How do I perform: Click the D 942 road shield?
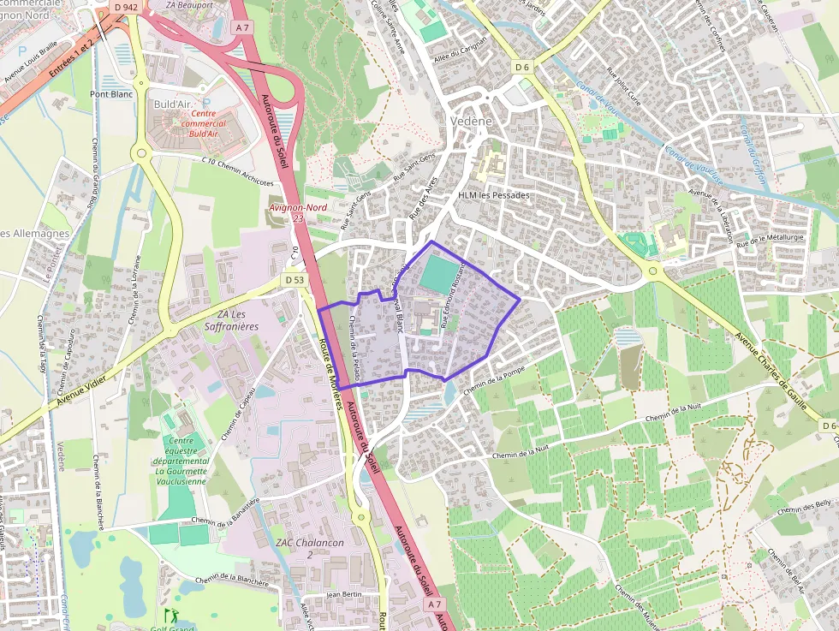click(x=125, y=7)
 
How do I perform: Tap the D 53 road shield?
click(x=294, y=280)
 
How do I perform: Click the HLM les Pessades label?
click(x=494, y=195)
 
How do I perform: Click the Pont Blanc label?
click(x=111, y=94)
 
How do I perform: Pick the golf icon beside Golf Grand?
click(x=170, y=615)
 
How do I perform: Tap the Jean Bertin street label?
click(x=346, y=594)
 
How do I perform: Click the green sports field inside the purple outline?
click(x=439, y=272)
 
